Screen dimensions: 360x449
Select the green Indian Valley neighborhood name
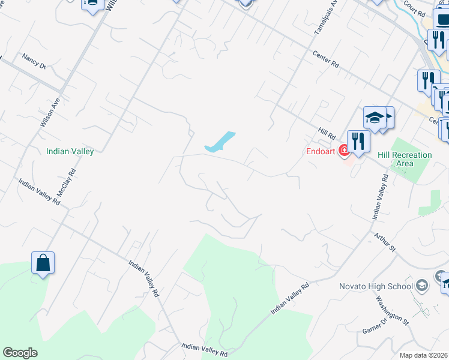pos(70,152)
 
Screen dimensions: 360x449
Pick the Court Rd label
pos(414,8)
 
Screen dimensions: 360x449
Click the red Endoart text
pos(320,151)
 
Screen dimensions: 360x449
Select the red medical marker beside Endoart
pos(344,151)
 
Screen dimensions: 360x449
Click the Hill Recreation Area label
pos(405,159)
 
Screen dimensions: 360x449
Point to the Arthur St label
pos(385,243)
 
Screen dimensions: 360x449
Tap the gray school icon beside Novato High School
pos(422,285)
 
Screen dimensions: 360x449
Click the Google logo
pos(20,353)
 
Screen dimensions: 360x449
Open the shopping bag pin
pos(43,263)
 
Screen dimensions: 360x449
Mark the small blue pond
pos(220,142)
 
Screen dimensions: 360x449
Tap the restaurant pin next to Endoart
pos(358,142)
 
